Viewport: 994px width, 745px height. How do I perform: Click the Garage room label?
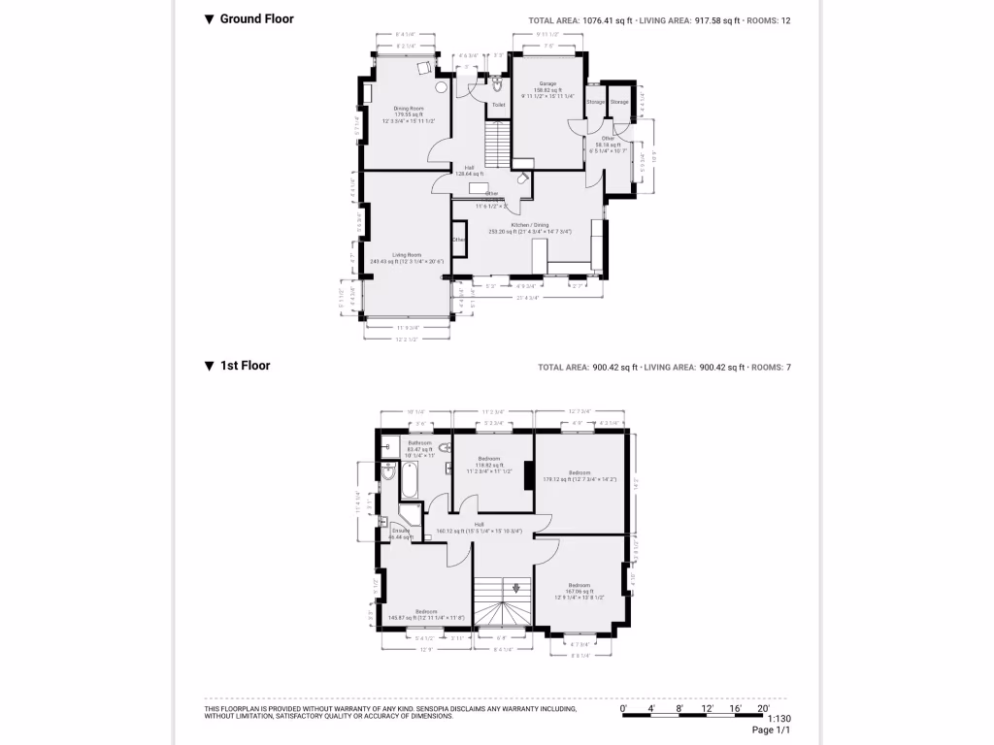(x=548, y=83)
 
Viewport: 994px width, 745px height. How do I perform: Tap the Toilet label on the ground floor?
(x=498, y=105)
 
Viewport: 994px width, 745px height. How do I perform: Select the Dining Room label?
(x=408, y=108)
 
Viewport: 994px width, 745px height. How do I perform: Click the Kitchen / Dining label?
(x=529, y=225)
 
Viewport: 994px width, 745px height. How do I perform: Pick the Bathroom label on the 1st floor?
(x=419, y=442)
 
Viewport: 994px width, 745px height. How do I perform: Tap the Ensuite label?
(x=401, y=530)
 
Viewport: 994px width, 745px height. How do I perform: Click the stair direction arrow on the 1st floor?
(x=516, y=587)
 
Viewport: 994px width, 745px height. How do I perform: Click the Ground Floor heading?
(x=256, y=18)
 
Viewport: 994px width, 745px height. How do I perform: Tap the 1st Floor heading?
(x=245, y=366)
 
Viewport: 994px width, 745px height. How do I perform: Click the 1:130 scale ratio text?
(x=779, y=719)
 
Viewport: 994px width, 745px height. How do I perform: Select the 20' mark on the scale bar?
(x=763, y=708)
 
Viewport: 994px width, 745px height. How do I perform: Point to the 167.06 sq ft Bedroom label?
(x=580, y=585)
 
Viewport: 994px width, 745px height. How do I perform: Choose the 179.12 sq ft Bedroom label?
(x=580, y=472)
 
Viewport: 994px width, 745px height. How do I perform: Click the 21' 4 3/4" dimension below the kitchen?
(x=527, y=298)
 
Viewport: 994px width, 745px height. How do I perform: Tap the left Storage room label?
(x=595, y=102)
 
